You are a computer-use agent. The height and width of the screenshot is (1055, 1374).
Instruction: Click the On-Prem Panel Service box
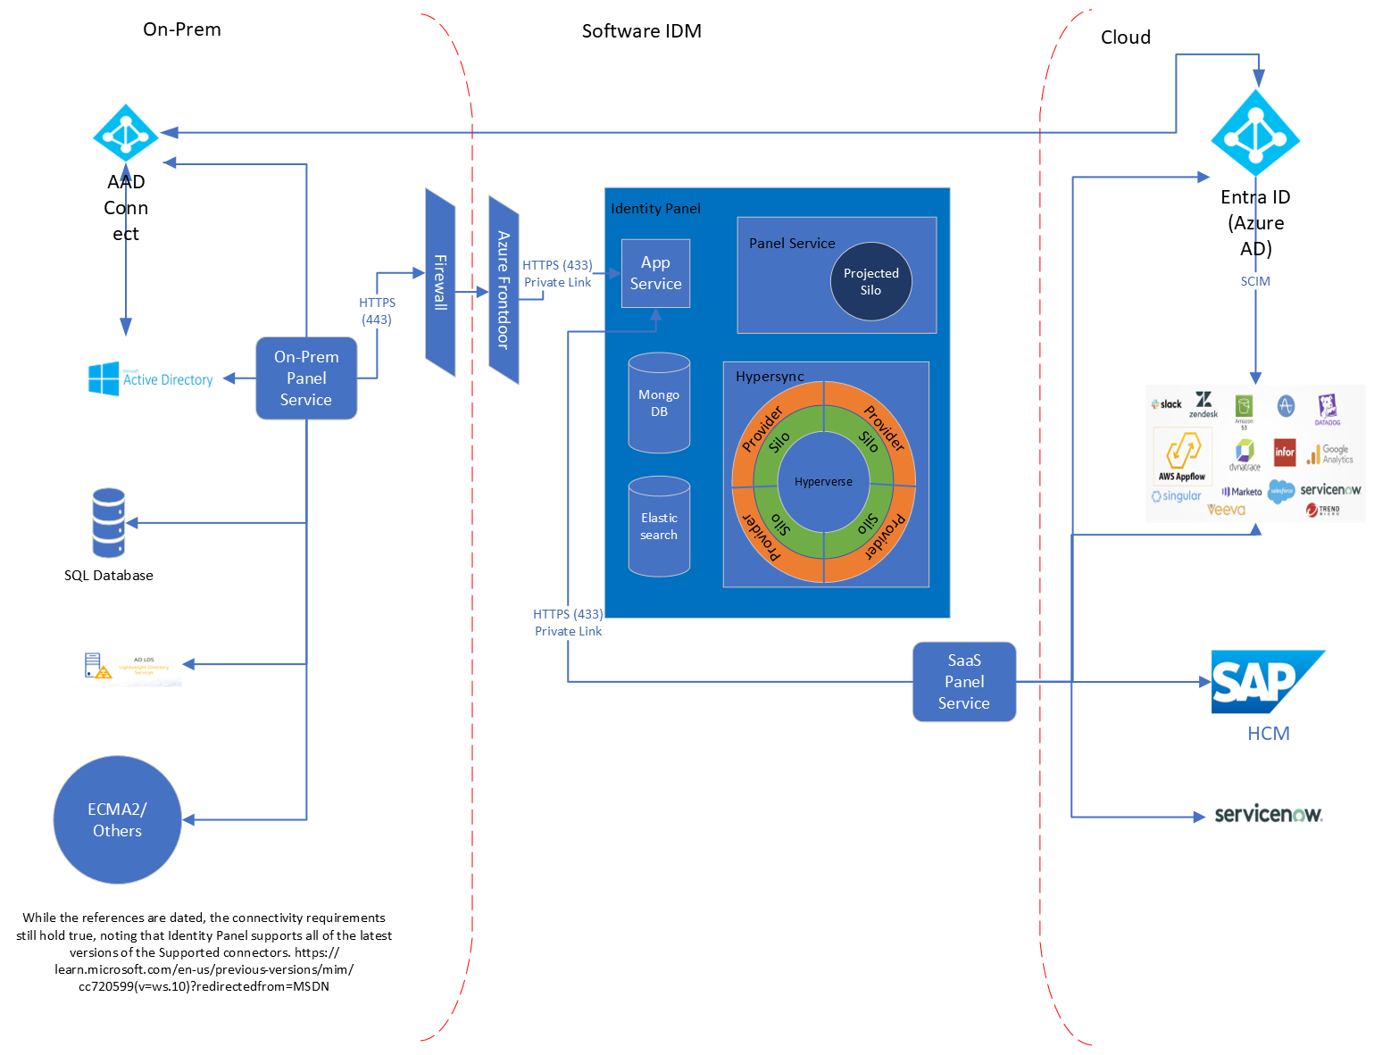pyautogui.click(x=306, y=378)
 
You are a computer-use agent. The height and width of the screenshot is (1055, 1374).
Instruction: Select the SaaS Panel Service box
pyautogui.click(x=964, y=682)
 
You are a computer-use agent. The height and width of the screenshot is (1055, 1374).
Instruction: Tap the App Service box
pyautogui.click(x=655, y=273)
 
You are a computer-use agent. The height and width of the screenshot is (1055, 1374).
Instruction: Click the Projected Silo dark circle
pyautogui.click(x=871, y=282)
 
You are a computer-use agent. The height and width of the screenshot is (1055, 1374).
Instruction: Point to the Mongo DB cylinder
pyautogui.click(x=659, y=403)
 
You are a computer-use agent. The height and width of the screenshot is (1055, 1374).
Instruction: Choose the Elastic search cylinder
pyautogui.click(x=659, y=527)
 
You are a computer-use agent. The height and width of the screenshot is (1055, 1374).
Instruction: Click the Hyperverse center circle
pyautogui.click(x=823, y=482)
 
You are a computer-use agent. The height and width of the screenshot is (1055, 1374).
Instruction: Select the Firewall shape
pyautogui.click(x=440, y=282)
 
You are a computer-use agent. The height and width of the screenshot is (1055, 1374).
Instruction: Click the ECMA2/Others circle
pyautogui.click(x=117, y=820)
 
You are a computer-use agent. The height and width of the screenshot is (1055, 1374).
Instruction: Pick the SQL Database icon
pyautogui.click(x=108, y=523)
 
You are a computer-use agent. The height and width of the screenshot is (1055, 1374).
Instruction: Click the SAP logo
pyautogui.click(x=1264, y=682)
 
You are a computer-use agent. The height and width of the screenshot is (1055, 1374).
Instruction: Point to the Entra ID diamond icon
pyautogui.click(x=1255, y=134)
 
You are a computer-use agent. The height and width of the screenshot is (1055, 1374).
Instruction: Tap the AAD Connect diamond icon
pyautogui.click(x=126, y=135)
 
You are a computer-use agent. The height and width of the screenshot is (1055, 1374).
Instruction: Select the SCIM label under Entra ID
pyautogui.click(x=1255, y=281)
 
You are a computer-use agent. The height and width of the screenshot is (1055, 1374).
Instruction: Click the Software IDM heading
pyautogui.click(x=641, y=31)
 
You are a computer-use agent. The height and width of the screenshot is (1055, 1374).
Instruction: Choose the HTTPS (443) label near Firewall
pyautogui.click(x=377, y=311)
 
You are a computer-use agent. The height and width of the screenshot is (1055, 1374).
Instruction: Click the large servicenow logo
pyautogui.click(x=1268, y=814)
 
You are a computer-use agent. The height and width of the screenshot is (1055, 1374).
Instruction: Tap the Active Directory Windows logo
pyautogui.click(x=104, y=378)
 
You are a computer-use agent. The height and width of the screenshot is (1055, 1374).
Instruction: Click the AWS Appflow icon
pyautogui.click(x=1182, y=454)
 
